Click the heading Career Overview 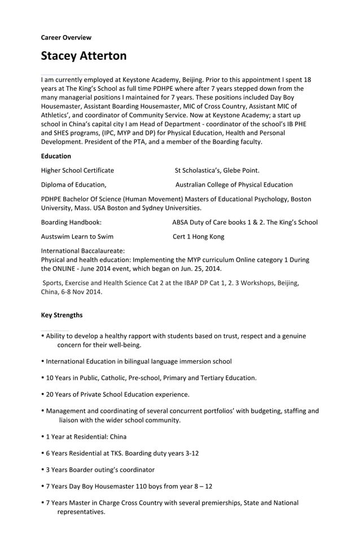pos(66,38)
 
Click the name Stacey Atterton pos(84,56)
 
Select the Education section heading pos(56,156)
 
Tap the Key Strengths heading pos(62,315)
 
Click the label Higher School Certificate pos(77,170)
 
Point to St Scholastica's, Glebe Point pos(217,170)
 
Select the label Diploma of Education pos(73,184)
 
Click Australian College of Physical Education pos(234,184)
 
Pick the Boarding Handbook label pos(71,222)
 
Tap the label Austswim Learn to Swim pos(77,237)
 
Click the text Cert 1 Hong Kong pos(198,237)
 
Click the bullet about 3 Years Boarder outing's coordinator pos(100,469)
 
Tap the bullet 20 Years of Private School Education pos(117,394)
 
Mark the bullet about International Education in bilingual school pos(138,361)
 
